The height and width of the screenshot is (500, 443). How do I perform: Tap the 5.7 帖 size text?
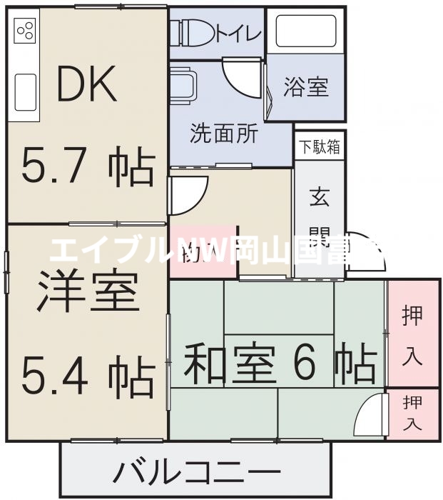87,166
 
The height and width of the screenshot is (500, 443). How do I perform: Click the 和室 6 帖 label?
280,364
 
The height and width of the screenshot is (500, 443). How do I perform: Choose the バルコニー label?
196,473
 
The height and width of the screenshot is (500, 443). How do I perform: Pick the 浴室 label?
305,87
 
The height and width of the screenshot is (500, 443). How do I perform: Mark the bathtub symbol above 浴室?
305,31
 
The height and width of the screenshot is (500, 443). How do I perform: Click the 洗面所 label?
223,134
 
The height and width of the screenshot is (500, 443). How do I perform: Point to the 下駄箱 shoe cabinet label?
319,148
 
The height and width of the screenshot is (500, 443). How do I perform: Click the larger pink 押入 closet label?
412,334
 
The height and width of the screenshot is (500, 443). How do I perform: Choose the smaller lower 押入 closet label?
412,413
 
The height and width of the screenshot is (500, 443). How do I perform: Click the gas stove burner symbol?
25,31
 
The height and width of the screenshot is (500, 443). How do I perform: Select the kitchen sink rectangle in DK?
25,91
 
